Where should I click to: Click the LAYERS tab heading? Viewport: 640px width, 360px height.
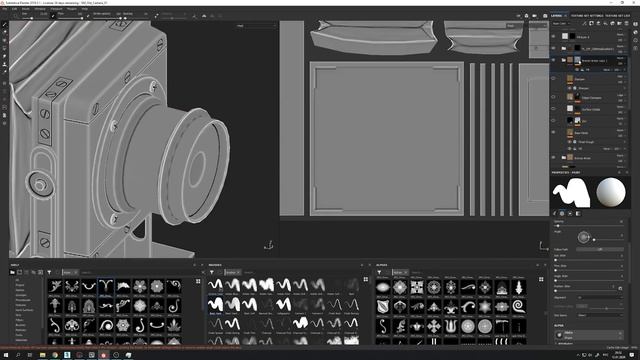coord(557,16)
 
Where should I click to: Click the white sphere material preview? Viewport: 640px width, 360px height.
coord(609,193)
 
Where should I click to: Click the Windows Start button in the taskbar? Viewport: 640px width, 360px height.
coord(5,355)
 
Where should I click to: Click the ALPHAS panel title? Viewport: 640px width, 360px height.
coord(381,264)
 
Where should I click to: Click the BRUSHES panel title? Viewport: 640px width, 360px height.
coord(215,264)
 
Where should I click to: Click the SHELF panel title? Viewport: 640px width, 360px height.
coord(15,264)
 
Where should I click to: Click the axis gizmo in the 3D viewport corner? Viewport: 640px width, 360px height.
coord(268,244)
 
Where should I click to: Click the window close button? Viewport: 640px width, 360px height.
coord(634,3)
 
